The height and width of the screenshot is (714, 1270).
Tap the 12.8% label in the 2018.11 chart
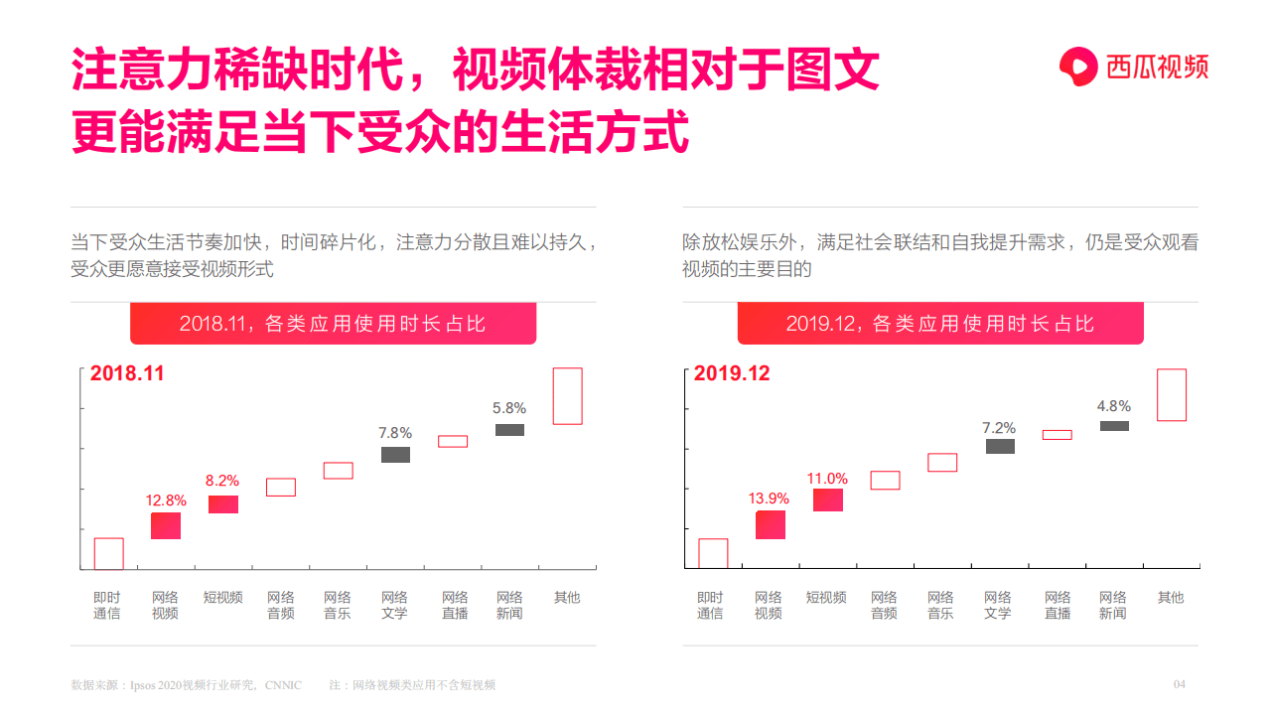[x=166, y=500]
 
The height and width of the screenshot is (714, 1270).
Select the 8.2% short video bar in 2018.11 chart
[x=222, y=504]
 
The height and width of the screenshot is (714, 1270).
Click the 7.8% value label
[x=395, y=433]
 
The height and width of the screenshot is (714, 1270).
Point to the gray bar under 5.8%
[x=509, y=430]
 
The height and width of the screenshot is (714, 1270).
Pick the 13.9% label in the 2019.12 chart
[x=770, y=499]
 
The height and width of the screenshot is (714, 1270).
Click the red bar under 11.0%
[x=827, y=500]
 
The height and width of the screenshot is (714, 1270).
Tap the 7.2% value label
[x=999, y=428]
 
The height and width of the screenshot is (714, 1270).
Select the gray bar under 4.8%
[x=1114, y=426]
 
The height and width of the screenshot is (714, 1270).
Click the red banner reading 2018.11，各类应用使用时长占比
[x=333, y=324]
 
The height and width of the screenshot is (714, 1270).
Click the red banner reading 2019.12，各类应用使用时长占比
[x=939, y=324]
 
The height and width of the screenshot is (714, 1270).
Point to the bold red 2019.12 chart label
[x=731, y=374]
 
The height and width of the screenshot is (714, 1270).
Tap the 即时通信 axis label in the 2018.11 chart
[x=107, y=605]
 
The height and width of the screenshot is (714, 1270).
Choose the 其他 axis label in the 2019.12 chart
[x=1171, y=597]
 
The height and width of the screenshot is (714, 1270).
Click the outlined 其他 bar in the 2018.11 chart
[x=567, y=396]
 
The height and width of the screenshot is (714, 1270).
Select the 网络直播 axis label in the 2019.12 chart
[x=1058, y=605]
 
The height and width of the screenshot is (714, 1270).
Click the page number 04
[x=1180, y=684]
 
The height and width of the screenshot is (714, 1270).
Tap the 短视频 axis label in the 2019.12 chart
[x=826, y=597]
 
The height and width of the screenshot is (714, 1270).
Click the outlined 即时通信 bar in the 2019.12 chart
[x=713, y=553]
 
